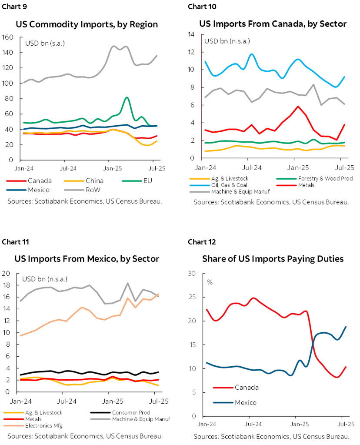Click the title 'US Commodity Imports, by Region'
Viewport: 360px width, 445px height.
(87, 24)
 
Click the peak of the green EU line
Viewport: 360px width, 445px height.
(127, 97)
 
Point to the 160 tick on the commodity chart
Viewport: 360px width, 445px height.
(8, 37)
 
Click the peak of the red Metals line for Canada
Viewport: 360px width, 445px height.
(298, 106)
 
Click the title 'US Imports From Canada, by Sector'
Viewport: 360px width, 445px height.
(273, 24)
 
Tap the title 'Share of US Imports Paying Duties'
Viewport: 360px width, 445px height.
(273, 259)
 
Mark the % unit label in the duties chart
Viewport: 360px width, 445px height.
(210, 282)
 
